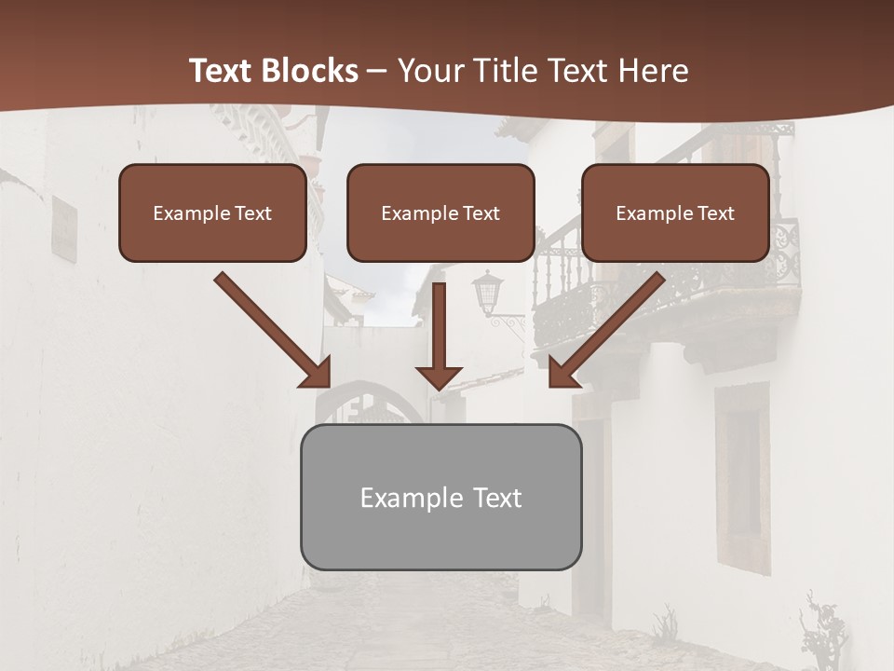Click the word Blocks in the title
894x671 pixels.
pos(312,71)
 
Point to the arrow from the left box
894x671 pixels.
pos(274,331)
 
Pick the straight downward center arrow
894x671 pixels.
pos(439,335)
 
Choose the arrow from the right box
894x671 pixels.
pos(606,331)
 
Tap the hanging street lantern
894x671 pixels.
pos(488,294)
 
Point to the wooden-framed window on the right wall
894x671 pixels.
pos(742,475)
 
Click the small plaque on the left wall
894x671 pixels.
pos(63,228)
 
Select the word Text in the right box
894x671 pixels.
pos(716,213)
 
